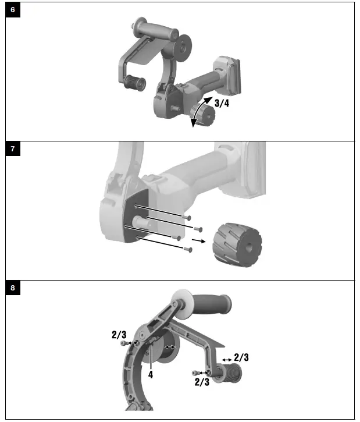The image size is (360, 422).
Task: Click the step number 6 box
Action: click(x=13, y=10)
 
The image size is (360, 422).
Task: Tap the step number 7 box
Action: click(x=13, y=150)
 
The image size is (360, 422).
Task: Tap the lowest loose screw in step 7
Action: click(x=187, y=250)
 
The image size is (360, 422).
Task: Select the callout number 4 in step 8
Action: click(x=150, y=375)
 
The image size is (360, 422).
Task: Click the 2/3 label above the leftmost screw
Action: click(x=119, y=335)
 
